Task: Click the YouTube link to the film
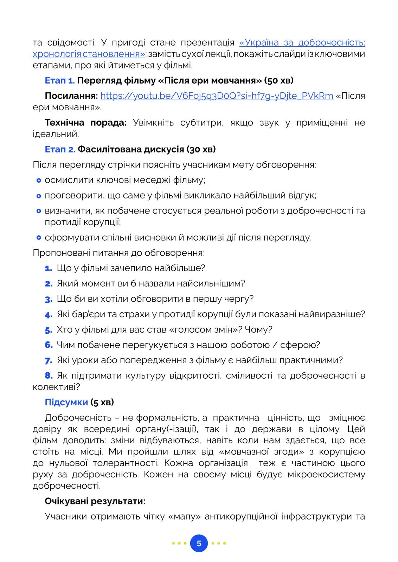point(217,96)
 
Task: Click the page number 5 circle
point(199,543)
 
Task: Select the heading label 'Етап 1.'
point(60,80)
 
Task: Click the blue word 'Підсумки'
point(66,402)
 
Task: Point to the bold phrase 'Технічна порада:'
point(85,123)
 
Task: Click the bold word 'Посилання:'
point(71,96)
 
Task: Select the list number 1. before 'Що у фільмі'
point(49,268)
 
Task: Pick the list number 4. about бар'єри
point(49,314)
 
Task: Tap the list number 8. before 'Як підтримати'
point(49,375)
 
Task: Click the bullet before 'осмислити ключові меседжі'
point(39,181)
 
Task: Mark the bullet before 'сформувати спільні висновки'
point(39,238)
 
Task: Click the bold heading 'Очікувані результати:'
point(95,501)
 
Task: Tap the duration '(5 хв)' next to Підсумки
point(102,402)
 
